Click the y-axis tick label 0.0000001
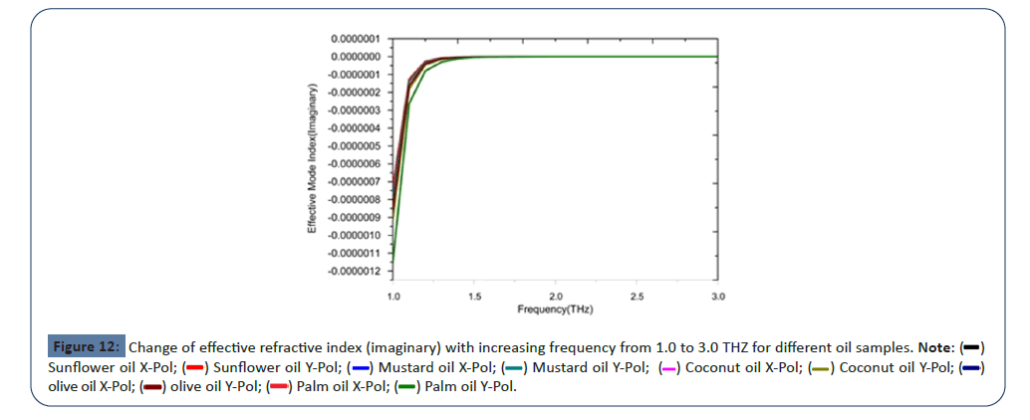click(354, 38)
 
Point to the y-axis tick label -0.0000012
click(353, 270)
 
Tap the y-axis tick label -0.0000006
click(353, 163)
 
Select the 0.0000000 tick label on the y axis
click(354, 56)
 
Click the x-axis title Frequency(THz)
click(555, 310)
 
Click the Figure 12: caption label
click(86, 347)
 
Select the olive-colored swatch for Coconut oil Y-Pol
click(820, 367)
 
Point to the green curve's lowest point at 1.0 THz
click(393, 263)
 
